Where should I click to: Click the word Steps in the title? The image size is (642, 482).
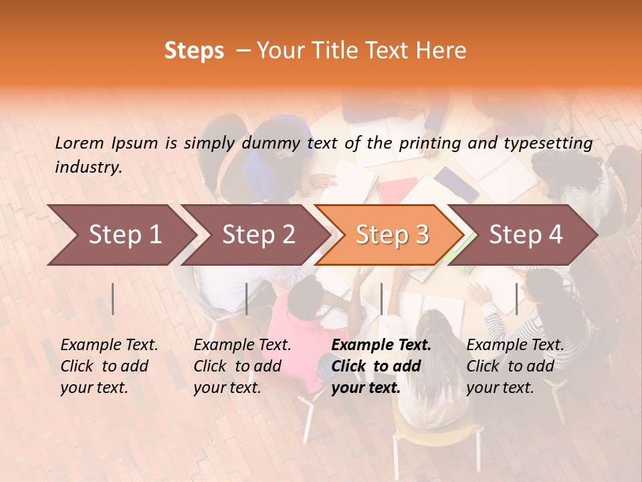[194, 50]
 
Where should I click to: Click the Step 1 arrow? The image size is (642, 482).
[124, 235]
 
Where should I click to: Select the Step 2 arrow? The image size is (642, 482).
[258, 235]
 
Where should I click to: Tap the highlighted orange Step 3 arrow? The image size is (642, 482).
[392, 235]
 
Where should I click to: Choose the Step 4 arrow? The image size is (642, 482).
[526, 235]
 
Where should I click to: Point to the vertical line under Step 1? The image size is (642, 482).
[113, 299]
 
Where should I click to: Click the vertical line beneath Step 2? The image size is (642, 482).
[247, 299]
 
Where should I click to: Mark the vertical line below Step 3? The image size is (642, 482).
[381, 299]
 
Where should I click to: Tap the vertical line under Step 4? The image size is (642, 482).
[516, 299]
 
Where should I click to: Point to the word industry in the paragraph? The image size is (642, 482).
[88, 167]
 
